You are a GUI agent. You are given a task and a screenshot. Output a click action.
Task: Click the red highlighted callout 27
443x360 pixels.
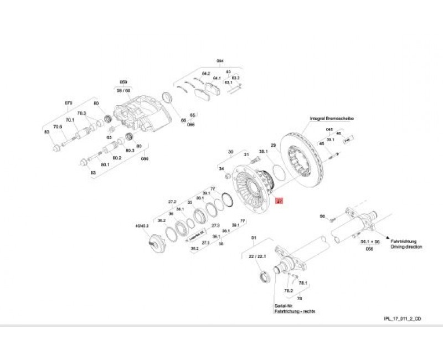280,203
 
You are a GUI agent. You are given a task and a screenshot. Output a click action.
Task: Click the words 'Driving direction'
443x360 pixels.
406,246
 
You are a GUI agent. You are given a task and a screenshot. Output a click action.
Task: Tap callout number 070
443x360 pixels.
69,104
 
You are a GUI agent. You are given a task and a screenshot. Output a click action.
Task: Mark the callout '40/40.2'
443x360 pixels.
143,225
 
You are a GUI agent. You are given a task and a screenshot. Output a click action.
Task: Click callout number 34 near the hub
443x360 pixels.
221,168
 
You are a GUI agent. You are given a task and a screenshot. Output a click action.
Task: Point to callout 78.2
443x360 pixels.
288,290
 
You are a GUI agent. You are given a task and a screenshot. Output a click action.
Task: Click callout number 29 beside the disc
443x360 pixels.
273,145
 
